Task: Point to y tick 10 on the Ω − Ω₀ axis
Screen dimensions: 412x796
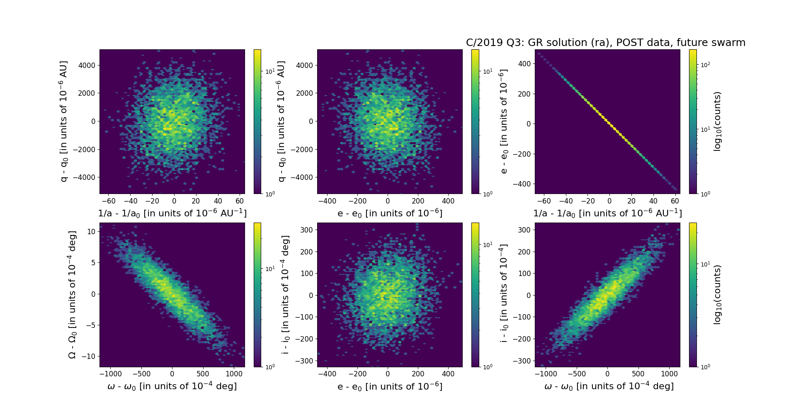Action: tap(91, 231)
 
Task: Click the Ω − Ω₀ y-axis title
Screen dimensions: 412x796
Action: tap(72, 294)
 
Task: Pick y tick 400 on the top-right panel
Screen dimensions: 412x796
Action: tap(524, 64)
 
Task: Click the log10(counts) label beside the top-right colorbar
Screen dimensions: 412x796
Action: tap(717, 121)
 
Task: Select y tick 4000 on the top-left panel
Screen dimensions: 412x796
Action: tap(87, 65)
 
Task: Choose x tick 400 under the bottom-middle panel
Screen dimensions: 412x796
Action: tap(448, 374)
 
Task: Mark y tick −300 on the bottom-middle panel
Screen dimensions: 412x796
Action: tap(305, 361)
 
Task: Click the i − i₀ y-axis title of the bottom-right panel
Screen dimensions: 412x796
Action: tap(503, 294)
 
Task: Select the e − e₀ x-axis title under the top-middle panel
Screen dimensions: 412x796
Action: tap(390, 213)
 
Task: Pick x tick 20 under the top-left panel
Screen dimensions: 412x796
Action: tap(196, 201)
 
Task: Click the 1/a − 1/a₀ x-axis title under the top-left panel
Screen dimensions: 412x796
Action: tap(172, 213)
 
